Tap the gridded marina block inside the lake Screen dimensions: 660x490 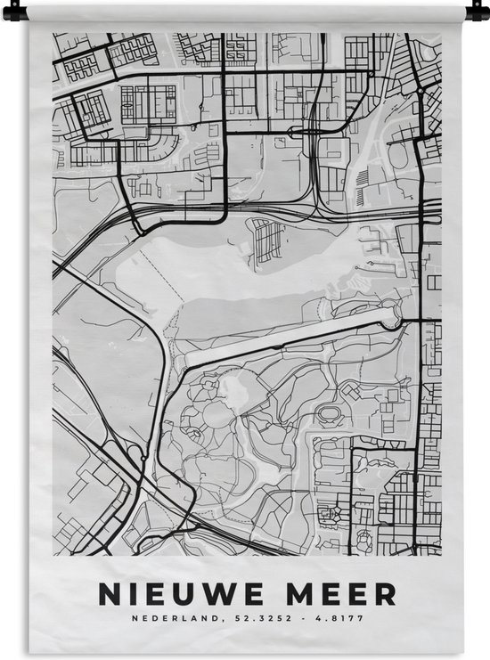pos(268,240)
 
